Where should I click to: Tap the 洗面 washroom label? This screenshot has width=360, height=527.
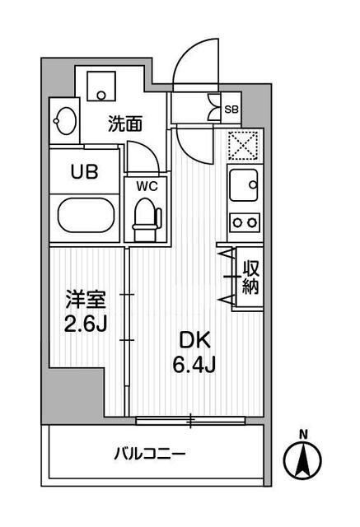tap(126, 124)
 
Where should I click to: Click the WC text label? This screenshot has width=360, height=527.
tap(147, 185)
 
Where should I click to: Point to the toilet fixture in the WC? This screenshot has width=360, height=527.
tap(148, 217)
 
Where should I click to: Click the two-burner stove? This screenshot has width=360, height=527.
tap(244, 221)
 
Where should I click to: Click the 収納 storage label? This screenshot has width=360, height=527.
tap(250, 277)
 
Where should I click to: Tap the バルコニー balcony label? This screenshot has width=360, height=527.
tap(149, 453)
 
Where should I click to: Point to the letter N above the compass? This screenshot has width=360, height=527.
tap(303, 434)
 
